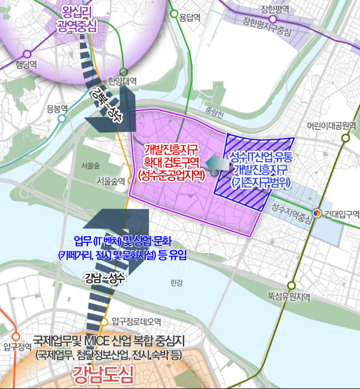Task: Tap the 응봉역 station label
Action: (x=56, y=108)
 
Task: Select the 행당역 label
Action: (x=24, y=63)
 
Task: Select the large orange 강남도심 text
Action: (x=106, y=371)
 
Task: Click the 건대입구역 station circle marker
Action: (x=317, y=214)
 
